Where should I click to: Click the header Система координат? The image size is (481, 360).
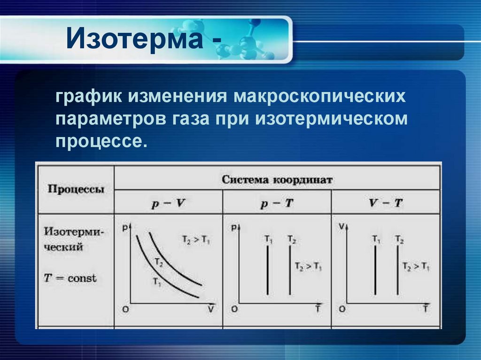(x=277, y=179)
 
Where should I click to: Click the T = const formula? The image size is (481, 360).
(x=70, y=278)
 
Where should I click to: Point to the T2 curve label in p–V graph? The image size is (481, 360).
(x=158, y=263)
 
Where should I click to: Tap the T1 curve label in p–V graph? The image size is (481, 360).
(x=156, y=282)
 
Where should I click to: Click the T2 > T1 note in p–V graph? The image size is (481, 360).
(x=196, y=240)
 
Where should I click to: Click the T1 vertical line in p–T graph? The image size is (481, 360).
(x=267, y=270)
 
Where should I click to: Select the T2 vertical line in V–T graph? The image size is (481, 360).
(x=397, y=270)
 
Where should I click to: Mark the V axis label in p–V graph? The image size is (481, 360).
(x=211, y=309)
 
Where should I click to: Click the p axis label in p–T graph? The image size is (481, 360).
(x=234, y=228)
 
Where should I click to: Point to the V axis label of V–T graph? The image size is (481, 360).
(x=341, y=227)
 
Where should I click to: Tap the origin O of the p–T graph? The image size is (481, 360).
(x=234, y=309)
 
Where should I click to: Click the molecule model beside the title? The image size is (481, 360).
(x=240, y=40)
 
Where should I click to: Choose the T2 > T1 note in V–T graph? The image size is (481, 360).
(x=416, y=266)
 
